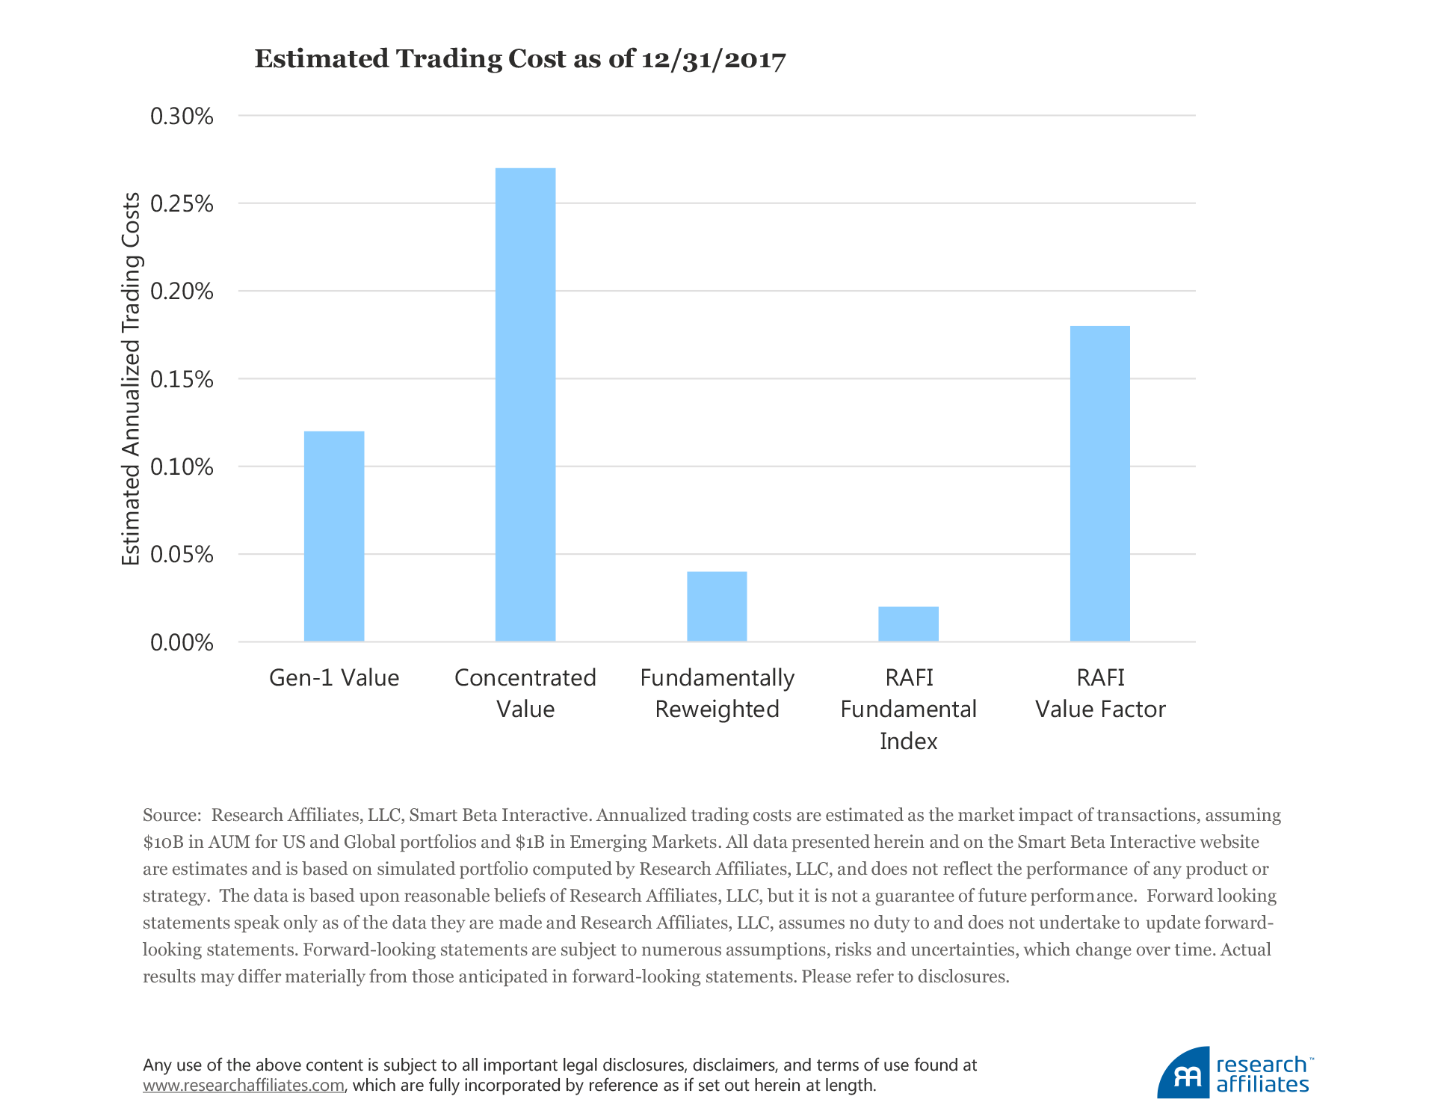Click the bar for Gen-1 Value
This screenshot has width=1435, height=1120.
click(x=334, y=536)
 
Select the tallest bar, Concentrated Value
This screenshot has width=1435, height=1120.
click(x=525, y=404)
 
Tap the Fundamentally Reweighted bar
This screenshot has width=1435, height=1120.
click(x=717, y=606)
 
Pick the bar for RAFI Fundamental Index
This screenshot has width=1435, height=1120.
click(x=908, y=624)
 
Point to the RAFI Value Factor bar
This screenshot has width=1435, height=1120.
click(x=1099, y=484)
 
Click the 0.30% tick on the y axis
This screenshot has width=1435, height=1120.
click(x=182, y=117)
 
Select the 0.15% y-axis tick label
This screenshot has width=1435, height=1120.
click(x=182, y=380)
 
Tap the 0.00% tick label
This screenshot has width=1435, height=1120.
click(x=182, y=643)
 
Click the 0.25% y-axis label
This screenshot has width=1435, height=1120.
click(x=182, y=204)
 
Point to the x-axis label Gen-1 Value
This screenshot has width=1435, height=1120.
click(x=334, y=678)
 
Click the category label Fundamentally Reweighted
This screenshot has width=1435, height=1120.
click(x=717, y=693)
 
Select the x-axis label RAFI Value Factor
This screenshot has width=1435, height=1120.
click(x=1099, y=693)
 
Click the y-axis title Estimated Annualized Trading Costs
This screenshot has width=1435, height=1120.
click(x=132, y=379)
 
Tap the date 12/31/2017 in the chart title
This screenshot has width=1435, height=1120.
click(x=713, y=60)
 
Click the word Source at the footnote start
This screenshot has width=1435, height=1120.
click(x=170, y=815)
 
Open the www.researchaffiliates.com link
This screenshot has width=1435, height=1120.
click(x=244, y=1086)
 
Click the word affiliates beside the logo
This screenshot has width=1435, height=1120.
click(x=1262, y=1085)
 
